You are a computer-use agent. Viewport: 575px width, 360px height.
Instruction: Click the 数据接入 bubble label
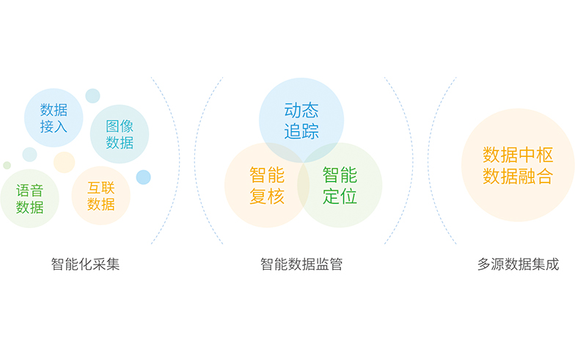54,118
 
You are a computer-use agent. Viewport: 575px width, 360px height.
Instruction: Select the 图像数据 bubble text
120,134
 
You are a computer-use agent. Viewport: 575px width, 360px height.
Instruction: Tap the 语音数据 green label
29,199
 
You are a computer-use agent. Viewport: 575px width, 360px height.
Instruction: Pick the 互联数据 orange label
101,196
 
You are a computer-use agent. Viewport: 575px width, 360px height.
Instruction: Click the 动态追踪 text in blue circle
301,120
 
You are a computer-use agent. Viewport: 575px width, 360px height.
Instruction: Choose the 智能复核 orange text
267,185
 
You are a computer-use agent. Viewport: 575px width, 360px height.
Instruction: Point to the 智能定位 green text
340,185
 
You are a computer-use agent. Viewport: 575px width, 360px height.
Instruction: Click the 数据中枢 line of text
518,155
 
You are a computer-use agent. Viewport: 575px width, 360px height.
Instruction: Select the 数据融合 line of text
518,176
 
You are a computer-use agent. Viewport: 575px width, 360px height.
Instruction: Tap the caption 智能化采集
85,264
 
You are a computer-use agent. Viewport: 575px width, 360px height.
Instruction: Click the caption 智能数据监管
301,264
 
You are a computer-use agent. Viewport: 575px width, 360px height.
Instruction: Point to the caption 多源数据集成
518,264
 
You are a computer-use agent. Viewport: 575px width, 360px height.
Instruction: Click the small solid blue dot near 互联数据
144,177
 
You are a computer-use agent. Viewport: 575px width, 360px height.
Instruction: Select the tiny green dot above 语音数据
7,166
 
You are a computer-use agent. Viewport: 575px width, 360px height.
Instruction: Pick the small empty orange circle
65,162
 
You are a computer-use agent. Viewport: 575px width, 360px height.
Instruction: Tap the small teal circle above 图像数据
92,95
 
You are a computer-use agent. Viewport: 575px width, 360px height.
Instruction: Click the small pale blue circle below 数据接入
29,155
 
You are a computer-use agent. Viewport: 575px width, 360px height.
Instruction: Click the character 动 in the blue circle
292,110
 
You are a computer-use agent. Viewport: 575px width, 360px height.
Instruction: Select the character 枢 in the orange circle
544,155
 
